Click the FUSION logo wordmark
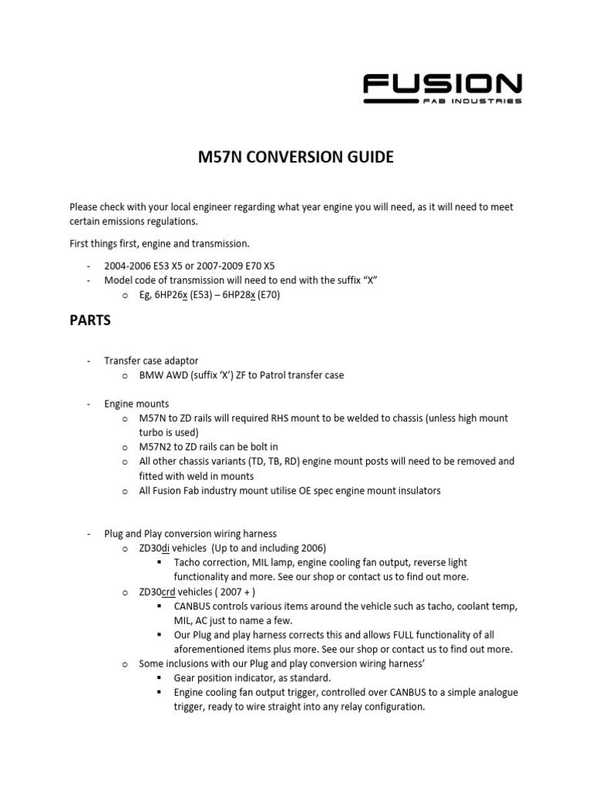pos(442,82)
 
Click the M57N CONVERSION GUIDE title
pos(296,157)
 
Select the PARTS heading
pos(90,321)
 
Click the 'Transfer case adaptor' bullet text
pos(151,361)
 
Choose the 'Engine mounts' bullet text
pos(136,404)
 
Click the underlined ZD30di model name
pos(156,548)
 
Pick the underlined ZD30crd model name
pos(159,591)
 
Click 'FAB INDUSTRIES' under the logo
pos(477,101)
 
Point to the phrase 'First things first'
pos(105,243)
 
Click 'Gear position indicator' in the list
pos(225,677)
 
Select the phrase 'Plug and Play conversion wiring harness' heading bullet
pos(190,533)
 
